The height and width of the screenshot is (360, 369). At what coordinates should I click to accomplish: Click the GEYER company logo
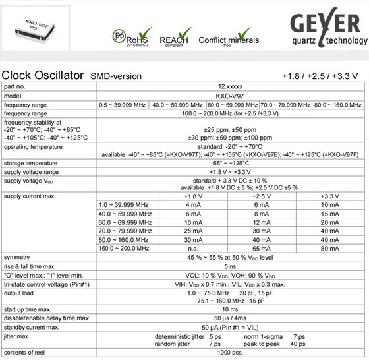pos(326,30)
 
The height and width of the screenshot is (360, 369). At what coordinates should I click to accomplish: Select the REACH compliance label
pos(173,40)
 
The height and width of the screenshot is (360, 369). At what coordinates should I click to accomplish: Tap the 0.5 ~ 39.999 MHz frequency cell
pos(123,104)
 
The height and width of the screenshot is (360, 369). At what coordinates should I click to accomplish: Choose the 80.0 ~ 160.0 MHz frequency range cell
pos(337,104)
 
